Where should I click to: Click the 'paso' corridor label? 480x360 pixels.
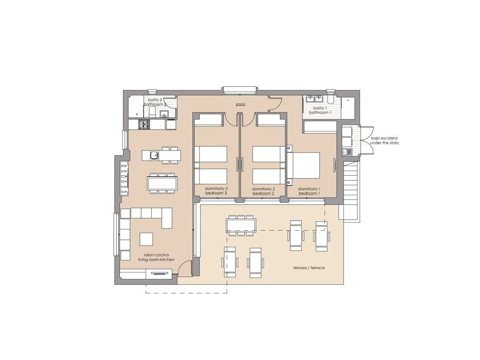240,104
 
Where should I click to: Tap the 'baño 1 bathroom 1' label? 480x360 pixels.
319,110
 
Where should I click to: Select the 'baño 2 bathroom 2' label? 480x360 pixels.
155,102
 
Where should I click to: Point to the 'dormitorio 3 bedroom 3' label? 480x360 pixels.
216,191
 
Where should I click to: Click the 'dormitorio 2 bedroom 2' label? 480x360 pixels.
264,191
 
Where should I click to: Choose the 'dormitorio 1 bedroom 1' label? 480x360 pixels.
309,191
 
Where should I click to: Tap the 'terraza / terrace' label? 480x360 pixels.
309,268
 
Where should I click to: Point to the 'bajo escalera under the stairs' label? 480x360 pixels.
384,141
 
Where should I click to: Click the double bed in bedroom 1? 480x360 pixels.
305,166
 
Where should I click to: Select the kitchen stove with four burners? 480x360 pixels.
145,124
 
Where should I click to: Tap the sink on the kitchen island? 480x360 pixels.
154,155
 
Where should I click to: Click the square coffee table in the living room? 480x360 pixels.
147,239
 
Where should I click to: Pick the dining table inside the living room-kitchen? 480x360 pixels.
162,183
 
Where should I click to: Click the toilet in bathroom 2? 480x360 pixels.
153,112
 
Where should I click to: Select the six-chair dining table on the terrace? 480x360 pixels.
241,225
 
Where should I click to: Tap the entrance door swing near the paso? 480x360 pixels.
275,104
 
